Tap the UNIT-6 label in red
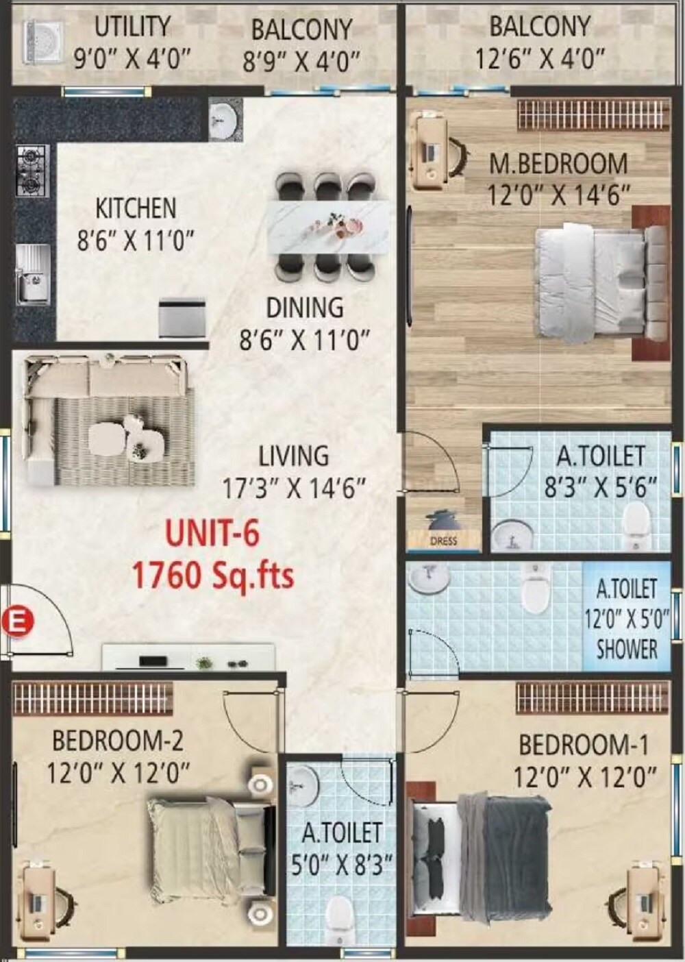tap(213, 534)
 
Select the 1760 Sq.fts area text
tap(212, 574)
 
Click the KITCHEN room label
tap(135, 208)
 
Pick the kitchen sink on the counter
tap(32, 274)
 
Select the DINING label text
tap(305, 308)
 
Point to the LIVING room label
tap(293, 456)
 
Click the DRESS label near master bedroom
tap(443, 541)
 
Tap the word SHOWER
tap(626, 649)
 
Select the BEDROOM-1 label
tap(583, 745)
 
